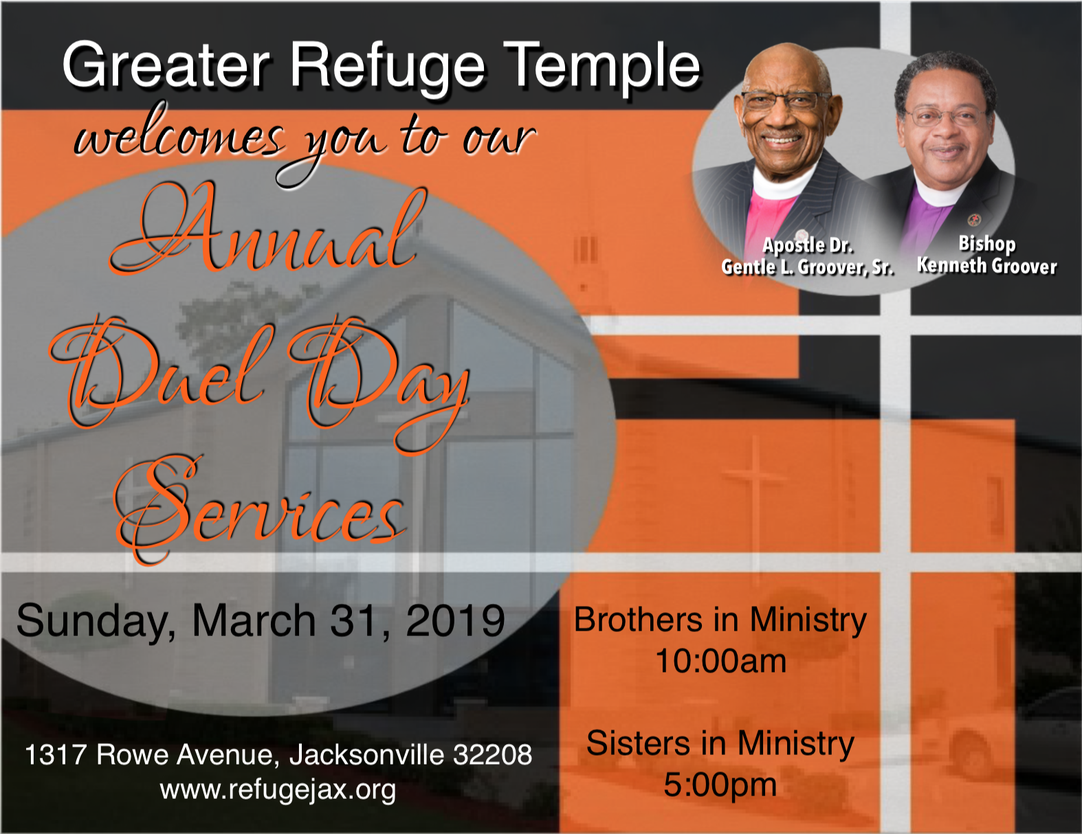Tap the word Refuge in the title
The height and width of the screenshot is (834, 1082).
click(387, 67)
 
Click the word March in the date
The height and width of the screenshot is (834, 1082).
click(254, 620)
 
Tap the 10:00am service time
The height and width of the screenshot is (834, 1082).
click(720, 662)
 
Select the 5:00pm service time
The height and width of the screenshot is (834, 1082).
click(720, 785)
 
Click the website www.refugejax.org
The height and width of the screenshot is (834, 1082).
click(278, 790)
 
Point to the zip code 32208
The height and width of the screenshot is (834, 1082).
click(492, 754)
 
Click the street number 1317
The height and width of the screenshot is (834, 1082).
click(56, 754)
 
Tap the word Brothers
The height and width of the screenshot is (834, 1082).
click(639, 620)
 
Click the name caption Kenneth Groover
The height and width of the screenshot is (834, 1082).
click(987, 266)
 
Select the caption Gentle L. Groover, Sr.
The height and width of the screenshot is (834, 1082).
click(808, 267)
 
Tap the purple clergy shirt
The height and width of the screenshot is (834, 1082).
click(930, 219)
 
